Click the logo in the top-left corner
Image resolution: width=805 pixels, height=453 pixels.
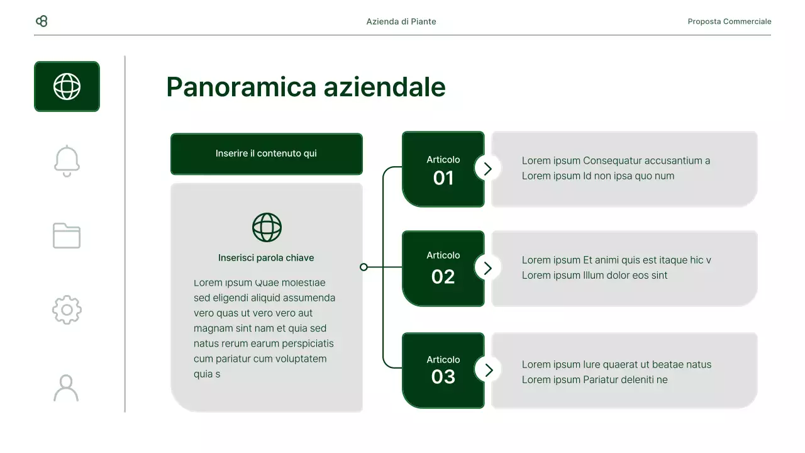pos(42,21)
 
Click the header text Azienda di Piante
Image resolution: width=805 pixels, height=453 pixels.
pos(401,21)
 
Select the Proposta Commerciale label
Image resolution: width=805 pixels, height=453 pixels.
pos(730,21)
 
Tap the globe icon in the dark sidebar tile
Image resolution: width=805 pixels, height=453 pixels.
pos(67,86)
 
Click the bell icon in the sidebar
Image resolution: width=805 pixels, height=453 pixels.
pos(67,161)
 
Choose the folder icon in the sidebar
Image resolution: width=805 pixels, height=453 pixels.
pos(67,235)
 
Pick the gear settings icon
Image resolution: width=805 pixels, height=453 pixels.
pos(67,310)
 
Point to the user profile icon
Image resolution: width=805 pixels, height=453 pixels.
pos(66,388)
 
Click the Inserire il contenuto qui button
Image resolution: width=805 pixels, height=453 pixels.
pos(267,154)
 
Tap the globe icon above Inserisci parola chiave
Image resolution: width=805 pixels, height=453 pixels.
pos(267,227)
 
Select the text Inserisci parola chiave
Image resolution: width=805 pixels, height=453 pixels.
pos(266,258)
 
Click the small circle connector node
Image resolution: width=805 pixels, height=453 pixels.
pos(364,267)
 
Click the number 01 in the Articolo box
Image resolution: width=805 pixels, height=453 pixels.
pos(443,178)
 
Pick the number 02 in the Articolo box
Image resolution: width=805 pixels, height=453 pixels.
pos(443,277)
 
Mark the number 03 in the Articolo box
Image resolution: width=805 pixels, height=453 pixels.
pos(443,376)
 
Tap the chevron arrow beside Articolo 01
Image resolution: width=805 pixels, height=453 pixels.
pos(487,168)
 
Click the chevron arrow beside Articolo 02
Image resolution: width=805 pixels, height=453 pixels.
pos(487,267)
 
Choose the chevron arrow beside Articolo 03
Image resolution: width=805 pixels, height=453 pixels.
pos(487,369)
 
